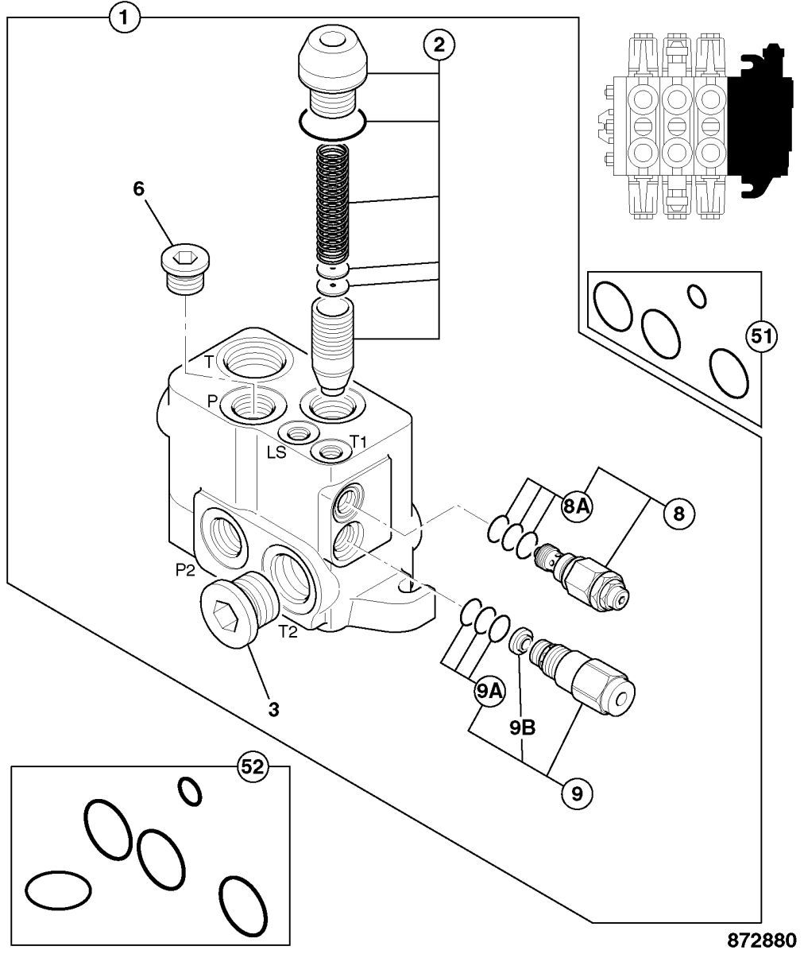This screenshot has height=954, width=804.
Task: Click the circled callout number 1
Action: click(x=124, y=19)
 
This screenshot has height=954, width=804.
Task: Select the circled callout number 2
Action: click(x=439, y=45)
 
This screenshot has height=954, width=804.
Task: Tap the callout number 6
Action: click(x=139, y=188)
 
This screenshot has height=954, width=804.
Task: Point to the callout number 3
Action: click(x=273, y=710)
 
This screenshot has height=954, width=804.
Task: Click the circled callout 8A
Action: click(x=576, y=506)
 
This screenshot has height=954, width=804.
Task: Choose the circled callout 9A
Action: click(x=489, y=692)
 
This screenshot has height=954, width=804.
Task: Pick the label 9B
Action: click(x=522, y=728)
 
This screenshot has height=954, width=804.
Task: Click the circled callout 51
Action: click(x=760, y=337)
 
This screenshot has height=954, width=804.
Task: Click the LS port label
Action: click(x=276, y=452)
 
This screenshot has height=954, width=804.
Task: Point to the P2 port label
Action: click(x=185, y=570)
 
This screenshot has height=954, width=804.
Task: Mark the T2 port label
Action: click(x=288, y=632)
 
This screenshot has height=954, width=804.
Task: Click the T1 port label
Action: click(x=358, y=441)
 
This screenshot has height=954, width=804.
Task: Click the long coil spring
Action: click(x=333, y=204)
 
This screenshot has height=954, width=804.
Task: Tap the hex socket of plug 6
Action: click(x=184, y=258)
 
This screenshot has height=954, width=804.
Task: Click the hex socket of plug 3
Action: click(x=226, y=616)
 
